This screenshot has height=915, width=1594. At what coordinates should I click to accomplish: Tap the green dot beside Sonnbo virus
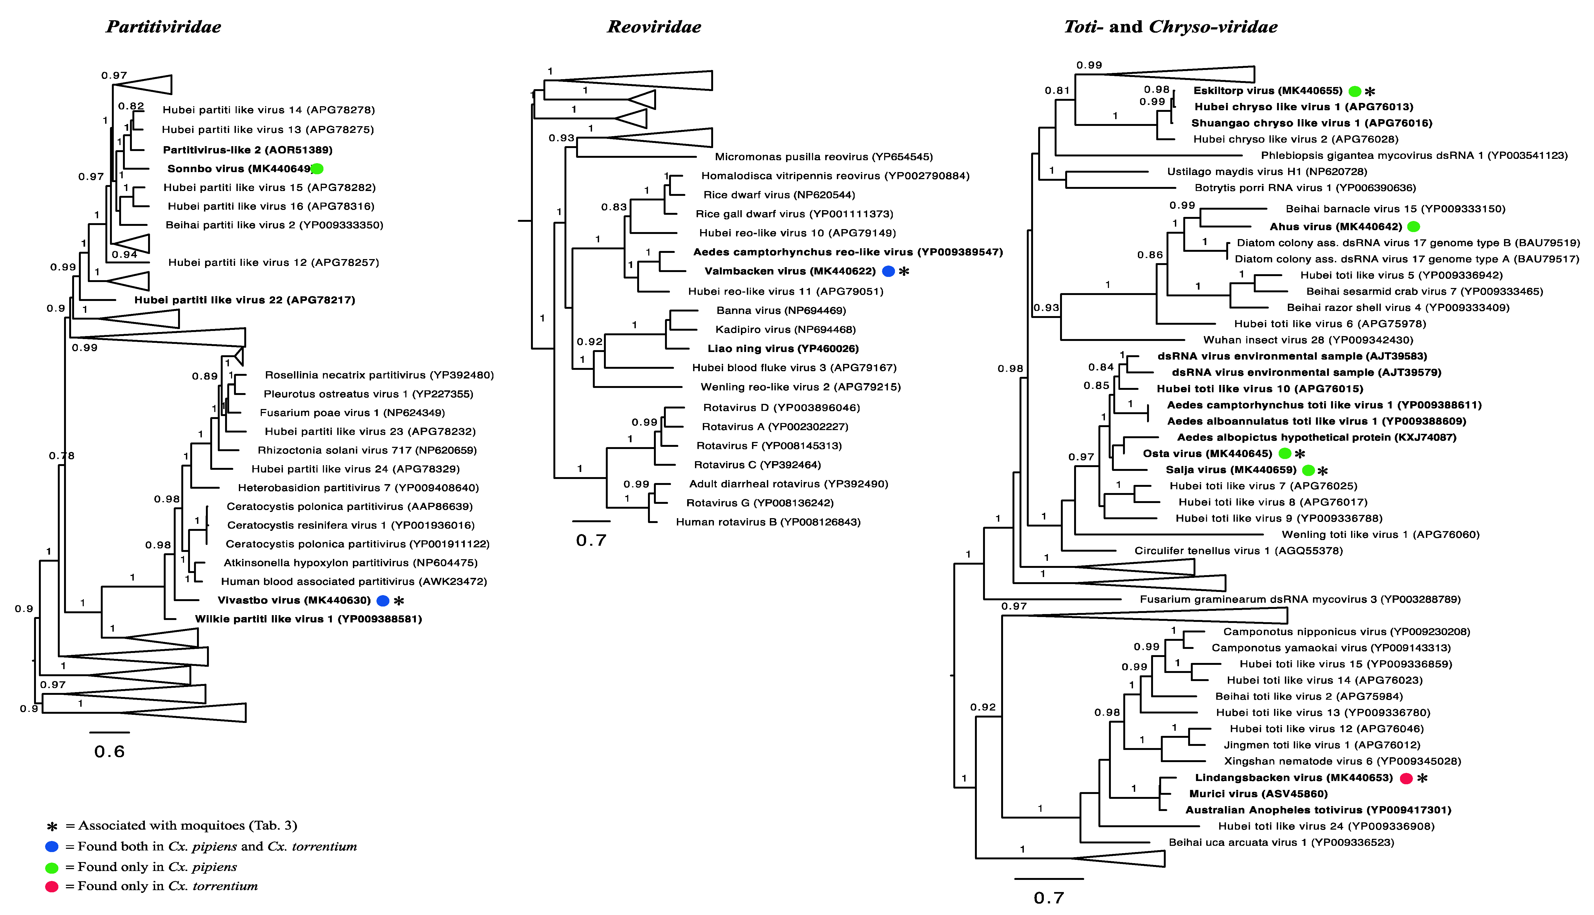point(318,168)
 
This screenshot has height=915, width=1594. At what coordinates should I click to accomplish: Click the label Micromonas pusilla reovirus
point(823,156)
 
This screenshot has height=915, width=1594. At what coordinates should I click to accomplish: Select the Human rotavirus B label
point(768,522)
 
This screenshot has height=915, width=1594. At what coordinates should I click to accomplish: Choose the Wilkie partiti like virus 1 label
point(308,619)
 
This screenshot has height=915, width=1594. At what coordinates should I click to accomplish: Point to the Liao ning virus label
point(783,348)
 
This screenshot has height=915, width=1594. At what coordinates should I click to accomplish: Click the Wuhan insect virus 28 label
point(1308,340)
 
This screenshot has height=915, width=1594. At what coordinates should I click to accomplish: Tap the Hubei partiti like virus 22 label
point(245,300)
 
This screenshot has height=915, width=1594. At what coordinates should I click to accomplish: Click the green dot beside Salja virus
point(1309,470)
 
